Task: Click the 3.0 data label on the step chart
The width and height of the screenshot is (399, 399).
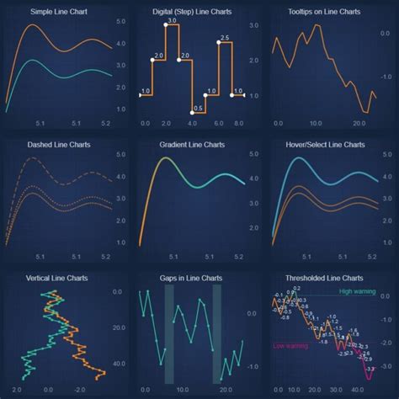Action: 172,18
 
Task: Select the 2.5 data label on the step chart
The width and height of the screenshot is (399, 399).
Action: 225,38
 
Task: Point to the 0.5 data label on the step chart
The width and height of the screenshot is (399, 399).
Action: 199,107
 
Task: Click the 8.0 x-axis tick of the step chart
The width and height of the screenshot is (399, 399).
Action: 238,123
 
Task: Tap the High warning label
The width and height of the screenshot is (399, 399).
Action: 357,291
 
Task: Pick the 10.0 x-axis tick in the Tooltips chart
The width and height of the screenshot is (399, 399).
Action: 317,123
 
